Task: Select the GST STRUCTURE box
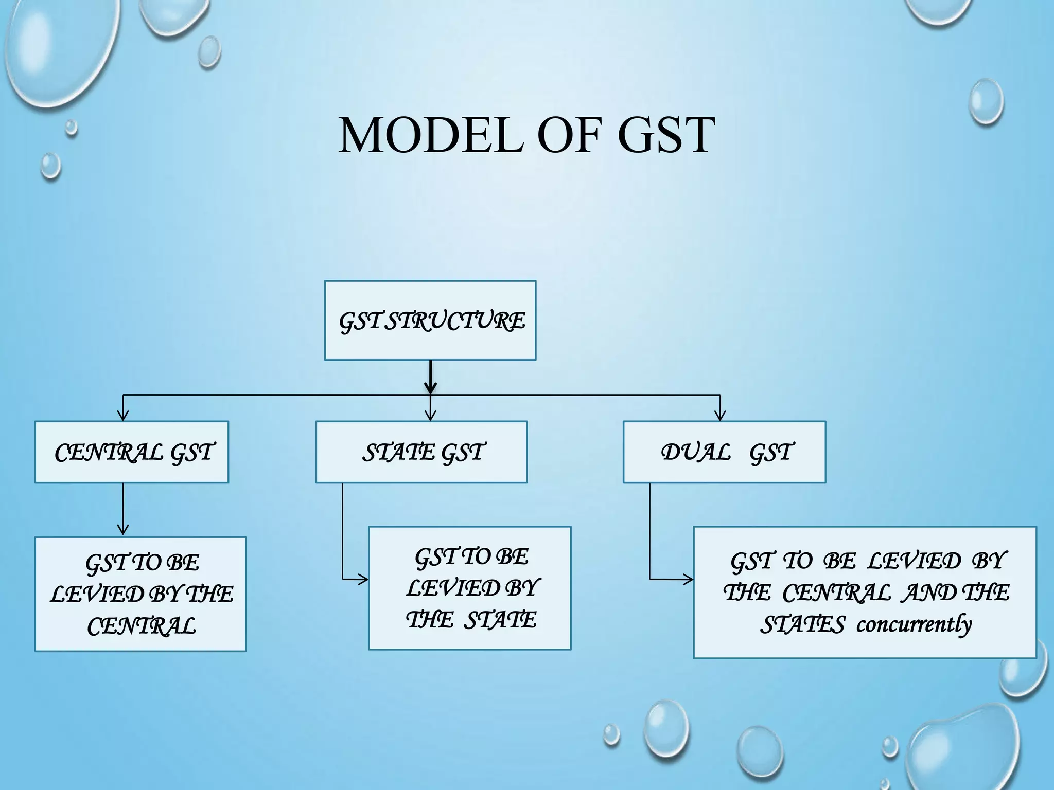coord(430,320)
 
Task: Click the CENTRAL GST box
coord(131,452)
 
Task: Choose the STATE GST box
coord(421,452)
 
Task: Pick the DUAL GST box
coord(724,452)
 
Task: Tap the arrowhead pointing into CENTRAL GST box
coord(123,416)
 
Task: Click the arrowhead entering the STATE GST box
coord(431,416)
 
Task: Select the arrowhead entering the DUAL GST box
coord(720,416)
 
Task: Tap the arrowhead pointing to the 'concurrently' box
coord(688,580)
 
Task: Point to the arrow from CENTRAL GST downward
coord(123,509)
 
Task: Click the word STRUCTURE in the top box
coord(455,321)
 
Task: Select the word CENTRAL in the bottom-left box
coord(142,626)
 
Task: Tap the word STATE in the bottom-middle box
coord(500,620)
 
